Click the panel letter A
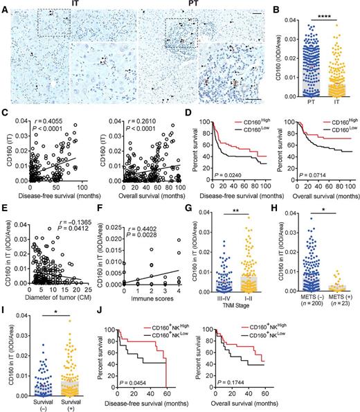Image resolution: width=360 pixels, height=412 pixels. click(x=5, y=6)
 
